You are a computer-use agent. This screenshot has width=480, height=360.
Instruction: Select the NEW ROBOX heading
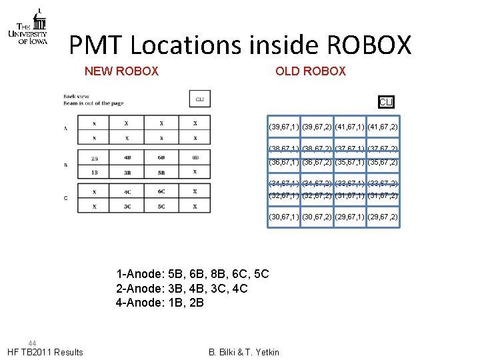point(121,71)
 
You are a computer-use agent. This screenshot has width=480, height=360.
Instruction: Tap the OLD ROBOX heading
point(311,71)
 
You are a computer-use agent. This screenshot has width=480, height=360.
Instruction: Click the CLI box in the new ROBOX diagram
point(199,99)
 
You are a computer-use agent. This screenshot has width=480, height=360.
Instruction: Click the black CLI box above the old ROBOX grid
point(386,102)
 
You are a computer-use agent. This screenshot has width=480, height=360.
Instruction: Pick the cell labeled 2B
point(94,159)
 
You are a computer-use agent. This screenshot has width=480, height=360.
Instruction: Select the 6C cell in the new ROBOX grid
point(161,191)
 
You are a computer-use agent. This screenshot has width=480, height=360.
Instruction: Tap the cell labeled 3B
point(127,172)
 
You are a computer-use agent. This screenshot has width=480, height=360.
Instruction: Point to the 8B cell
point(195,159)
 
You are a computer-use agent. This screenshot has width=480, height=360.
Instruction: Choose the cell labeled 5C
point(161,206)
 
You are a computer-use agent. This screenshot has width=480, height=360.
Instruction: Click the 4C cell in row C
point(127,191)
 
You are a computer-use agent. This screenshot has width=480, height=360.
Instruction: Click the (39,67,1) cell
point(283,126)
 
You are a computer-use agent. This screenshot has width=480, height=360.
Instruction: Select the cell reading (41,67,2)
point(383,126)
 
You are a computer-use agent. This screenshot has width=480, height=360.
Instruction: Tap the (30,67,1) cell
point(283,217)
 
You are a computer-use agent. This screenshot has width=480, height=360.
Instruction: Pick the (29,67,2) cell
point(383,217)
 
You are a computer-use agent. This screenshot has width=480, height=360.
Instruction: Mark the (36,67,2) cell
point(317,162)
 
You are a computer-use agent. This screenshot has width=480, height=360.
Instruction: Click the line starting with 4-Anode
point(160,303)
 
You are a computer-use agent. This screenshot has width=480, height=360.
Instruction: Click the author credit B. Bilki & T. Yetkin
point(243,352)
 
